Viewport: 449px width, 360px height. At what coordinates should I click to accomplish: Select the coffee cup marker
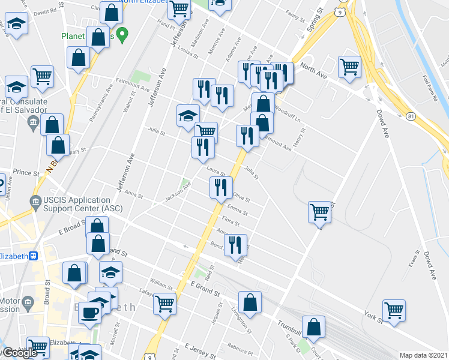point(89,312)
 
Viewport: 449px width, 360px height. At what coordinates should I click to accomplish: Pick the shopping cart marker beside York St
point(394,310)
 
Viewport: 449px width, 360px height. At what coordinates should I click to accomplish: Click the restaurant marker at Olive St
point(221,187)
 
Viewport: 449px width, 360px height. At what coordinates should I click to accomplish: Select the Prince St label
point(26,173)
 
